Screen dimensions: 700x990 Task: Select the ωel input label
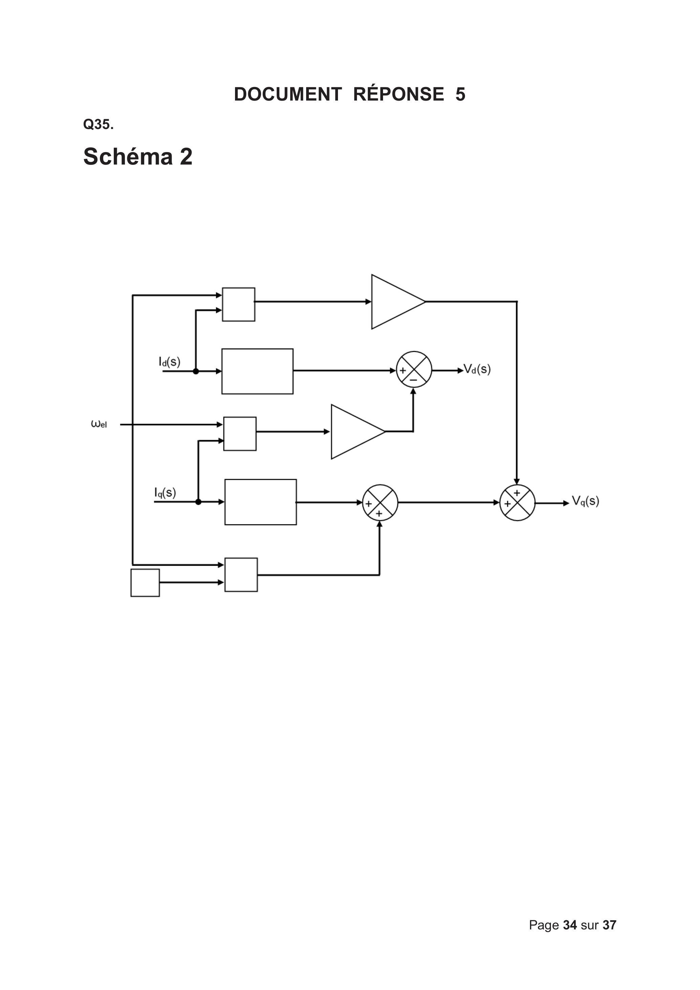click(x=99, y=424)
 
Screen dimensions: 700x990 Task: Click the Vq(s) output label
click(x=585, y=501)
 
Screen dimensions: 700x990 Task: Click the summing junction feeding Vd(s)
click(x=414, y=369)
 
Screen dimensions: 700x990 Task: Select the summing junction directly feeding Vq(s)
click(x=517, y=503)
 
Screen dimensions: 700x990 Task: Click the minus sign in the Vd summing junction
click(x=413, y=380)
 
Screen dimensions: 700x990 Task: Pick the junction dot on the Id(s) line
click(x=196, y=371)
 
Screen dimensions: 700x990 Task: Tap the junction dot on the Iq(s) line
click(x=198, y=501)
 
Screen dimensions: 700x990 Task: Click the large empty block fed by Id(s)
click(x=257, y=371)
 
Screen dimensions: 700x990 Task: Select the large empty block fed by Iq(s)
click(x=260, y=502)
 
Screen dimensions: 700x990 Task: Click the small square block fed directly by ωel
click(x=240, y=434)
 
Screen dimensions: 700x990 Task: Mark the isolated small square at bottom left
click(x=145, y=583)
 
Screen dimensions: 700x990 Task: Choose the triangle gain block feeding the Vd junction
click(x=358, y=432)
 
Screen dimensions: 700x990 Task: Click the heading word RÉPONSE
click(x=399, y=94)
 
